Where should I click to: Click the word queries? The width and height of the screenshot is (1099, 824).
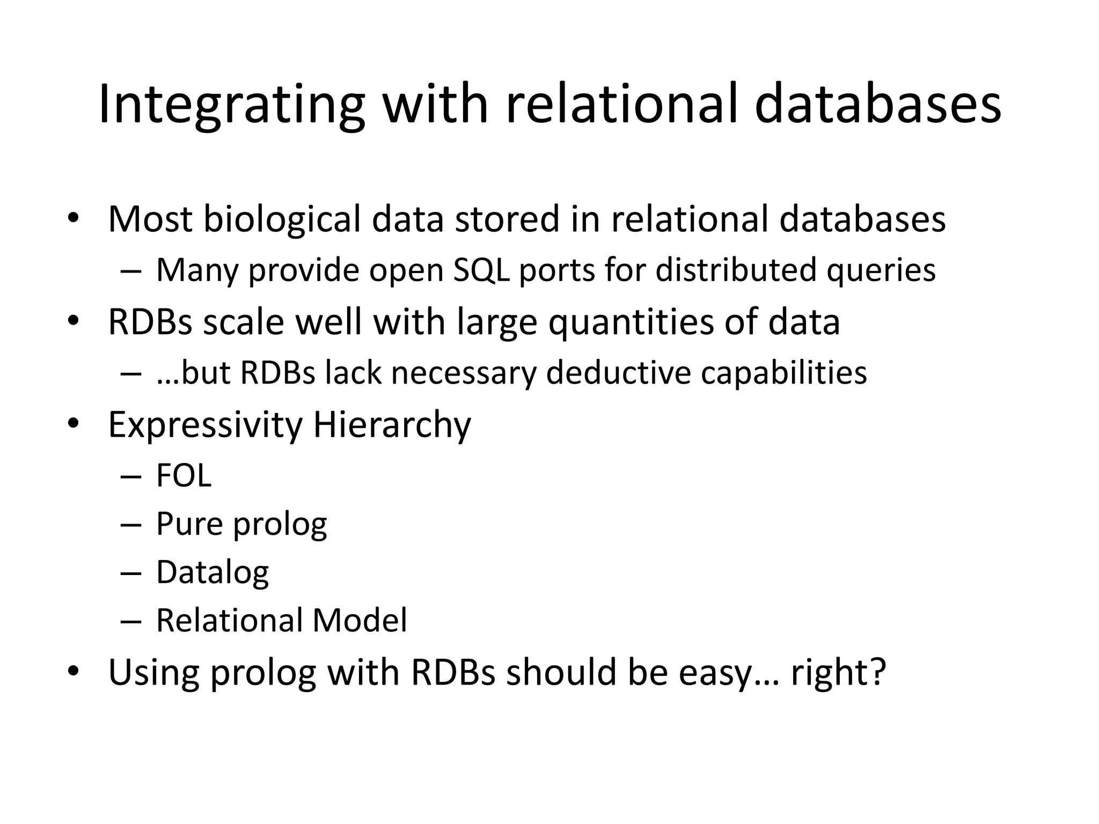tap(881, 270)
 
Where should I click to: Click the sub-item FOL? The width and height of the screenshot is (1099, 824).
tap(184, 475)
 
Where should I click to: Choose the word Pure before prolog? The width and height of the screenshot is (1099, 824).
tap(189, 524)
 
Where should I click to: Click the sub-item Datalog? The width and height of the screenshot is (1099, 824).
tap(213, 573)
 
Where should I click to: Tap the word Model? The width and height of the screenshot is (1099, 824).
tap(360, 621)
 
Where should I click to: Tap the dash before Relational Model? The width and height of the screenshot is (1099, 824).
tap(131, 621)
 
